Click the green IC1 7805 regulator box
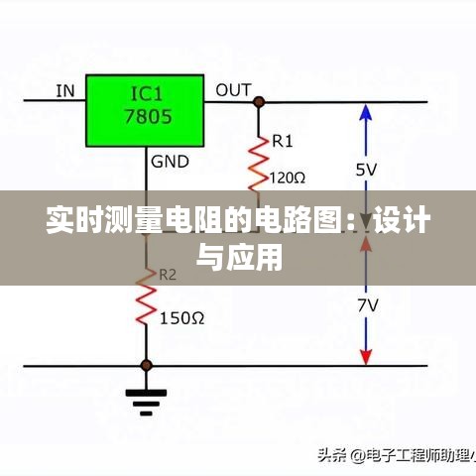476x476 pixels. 145,111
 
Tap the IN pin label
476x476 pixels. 65,91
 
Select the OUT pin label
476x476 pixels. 233,90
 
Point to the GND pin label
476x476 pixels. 170,162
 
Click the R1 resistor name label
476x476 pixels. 283,142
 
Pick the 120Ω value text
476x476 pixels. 288,178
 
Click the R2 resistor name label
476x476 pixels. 168,275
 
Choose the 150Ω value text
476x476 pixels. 181,318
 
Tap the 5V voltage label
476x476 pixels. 366,170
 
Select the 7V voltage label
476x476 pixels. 367,305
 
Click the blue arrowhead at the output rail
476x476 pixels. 366,112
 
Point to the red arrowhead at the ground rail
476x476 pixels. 366,357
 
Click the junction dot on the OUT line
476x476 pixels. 259,102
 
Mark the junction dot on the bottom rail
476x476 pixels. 146,366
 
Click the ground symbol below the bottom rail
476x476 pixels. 146,402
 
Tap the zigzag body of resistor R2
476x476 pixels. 146,297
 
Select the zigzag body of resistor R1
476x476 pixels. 259,164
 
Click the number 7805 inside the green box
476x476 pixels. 148,116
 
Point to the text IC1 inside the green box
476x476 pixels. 147,94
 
